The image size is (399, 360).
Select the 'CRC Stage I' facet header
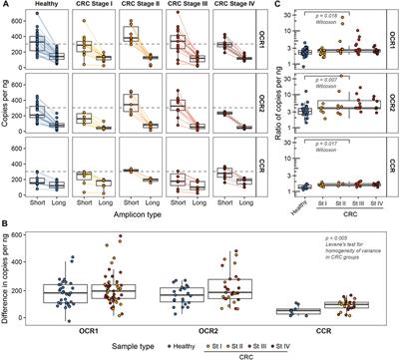(89, 7)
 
